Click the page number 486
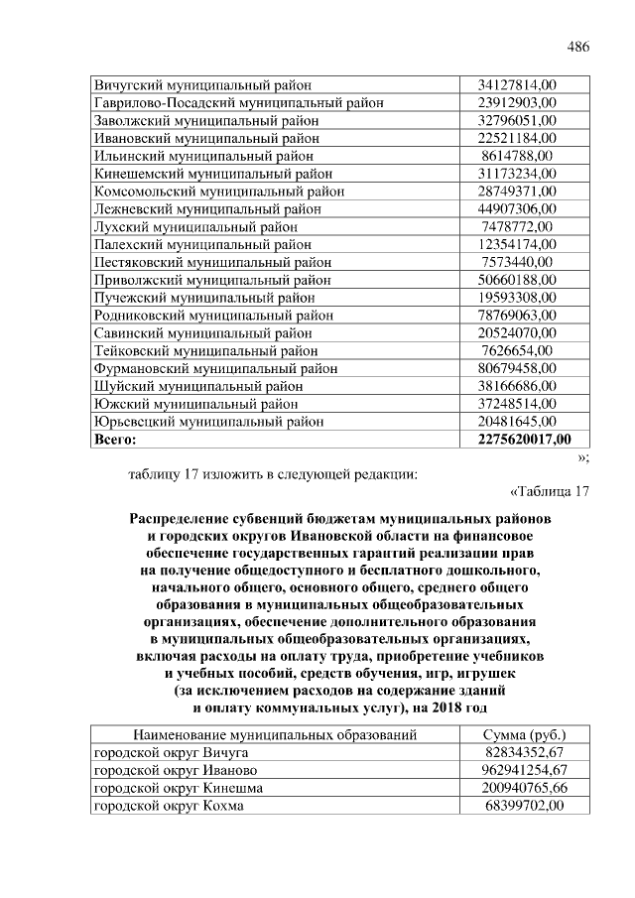point(576,48)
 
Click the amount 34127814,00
point(517,84)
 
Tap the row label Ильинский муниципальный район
point(204,156)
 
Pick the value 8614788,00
point(517,156)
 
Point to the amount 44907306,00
point(517,209)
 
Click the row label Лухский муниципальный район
point(195,227)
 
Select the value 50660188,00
point(517,280)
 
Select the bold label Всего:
point(113,440)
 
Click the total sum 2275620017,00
point(524,440)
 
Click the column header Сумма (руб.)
point(524,735)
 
